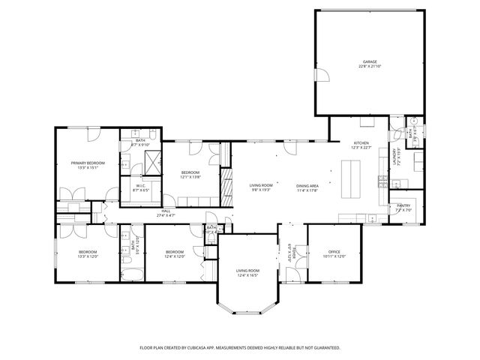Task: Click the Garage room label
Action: (369, 61)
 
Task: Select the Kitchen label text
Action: (361, 142)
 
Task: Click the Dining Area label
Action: (307, 185)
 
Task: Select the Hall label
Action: (166, 211)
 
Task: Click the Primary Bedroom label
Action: (88, 163)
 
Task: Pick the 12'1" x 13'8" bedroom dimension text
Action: (190, 178)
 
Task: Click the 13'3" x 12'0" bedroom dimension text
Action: (88, 256)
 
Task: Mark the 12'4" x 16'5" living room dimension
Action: (247, 275)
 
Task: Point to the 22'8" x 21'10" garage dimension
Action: (369, 66)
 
